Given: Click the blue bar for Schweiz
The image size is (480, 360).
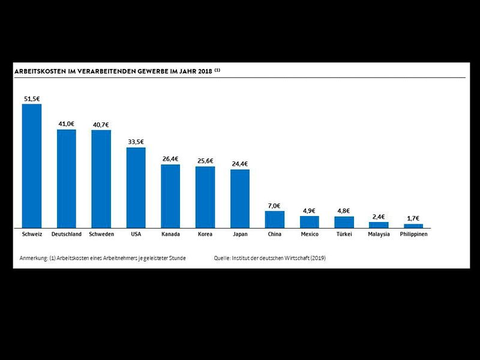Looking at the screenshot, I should [x=32, y=166].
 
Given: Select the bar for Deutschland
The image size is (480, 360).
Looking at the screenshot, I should [x=67, y=178].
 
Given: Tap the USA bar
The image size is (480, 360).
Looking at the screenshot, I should [x=136, y=187].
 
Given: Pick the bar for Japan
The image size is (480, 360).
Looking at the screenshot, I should [x=240, y=198].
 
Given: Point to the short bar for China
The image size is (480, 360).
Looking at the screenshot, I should [x=275, y=219].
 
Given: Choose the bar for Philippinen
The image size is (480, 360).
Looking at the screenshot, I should [x=413, y=226].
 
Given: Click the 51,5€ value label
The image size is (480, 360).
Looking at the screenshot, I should [x=32, y=98].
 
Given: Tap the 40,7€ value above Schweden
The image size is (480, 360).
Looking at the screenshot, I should [x=101, y=124].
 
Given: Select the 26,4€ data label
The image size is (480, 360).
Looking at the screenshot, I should [x=170, y=159].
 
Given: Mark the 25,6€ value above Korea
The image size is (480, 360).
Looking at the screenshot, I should [x=205, y=161].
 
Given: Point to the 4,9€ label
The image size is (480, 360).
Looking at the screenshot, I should [x=310, y=211].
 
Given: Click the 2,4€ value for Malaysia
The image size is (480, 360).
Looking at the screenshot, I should [x=379, y=217].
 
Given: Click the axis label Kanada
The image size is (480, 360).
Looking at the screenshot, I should [x=170, y=234].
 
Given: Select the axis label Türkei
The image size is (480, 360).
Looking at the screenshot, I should [x=344, y=234].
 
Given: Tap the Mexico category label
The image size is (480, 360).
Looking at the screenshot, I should [x=310, y=234].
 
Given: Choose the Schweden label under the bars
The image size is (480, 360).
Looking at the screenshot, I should [x=101, y=234].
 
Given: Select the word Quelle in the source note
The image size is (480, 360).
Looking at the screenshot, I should [x=223, y=258].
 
